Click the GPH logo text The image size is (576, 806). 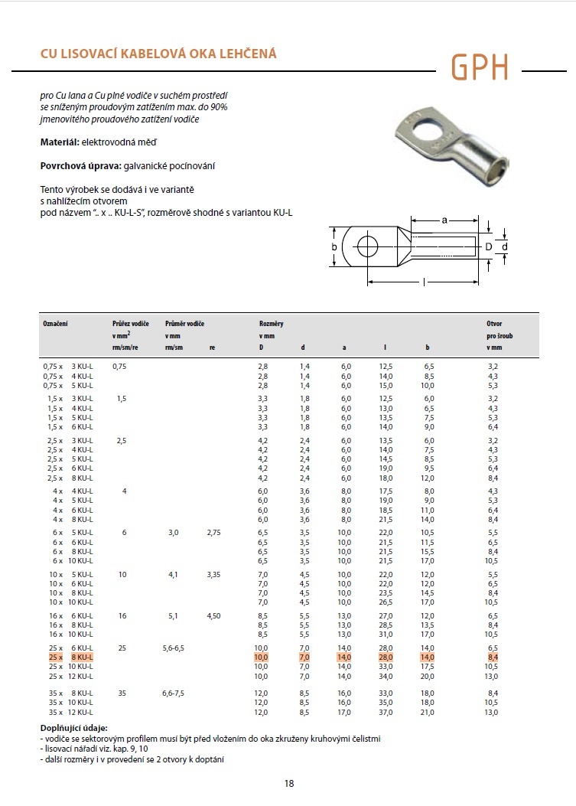coord(479,67)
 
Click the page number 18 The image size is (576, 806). coord(288,783)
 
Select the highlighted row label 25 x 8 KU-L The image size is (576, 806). coord(70,658)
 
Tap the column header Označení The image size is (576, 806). coord(55,325)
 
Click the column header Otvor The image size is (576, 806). coord(494,325)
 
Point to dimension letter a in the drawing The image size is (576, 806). coord(445,220)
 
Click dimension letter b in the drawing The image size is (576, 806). coord(334,246)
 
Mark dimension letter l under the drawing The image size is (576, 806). coord(425,283)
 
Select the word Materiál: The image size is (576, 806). coord(58,142)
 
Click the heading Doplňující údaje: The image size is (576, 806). coord(74,728)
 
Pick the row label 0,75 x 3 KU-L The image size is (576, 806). coord(68,367)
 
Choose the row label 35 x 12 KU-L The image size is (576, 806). coord(70,712)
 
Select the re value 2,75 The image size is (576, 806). coord(213,531)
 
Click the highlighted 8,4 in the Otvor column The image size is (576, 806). coord(493,658)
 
